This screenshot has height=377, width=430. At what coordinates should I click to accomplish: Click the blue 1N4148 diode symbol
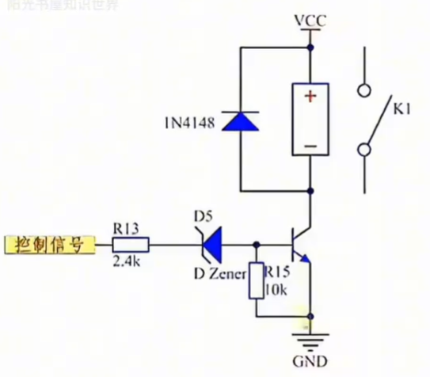[239, 120]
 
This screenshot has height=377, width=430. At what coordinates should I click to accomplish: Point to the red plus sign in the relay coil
[311, 97]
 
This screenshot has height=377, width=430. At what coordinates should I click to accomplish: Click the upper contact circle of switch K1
[363, 89]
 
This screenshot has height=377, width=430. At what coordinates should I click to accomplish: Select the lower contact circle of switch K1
[363, 149]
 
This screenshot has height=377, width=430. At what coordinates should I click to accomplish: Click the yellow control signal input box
[50, 245]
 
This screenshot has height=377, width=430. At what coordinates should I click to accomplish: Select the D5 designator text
[204, 216]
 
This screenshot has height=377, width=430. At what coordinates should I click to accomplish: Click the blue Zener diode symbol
[209, 244]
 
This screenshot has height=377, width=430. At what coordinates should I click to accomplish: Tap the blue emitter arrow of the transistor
[305, 258]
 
